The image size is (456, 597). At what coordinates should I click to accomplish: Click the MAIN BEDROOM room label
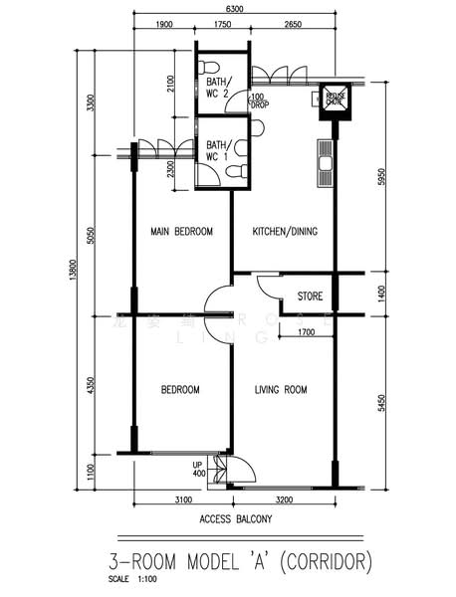pyautogui.click(x=181, y=232)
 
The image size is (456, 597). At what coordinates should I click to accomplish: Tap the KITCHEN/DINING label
pyautogui.click(x=284, y=232)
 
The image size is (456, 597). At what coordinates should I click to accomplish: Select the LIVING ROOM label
pyautogui.click(x=280, y=389)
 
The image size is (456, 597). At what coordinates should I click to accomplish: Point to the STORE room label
pyautogui.click(x=310, y=296)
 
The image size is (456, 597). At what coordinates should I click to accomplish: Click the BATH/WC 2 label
pyautogui.click(x=219, y=87)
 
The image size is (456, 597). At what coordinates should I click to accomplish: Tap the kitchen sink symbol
pyautogui.click(x=324, y=162)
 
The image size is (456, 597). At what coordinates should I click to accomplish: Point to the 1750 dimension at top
pyautogui.click(x=222, y=26)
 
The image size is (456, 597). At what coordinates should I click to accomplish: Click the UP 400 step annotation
pyautogui.click(x=200, y=470)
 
